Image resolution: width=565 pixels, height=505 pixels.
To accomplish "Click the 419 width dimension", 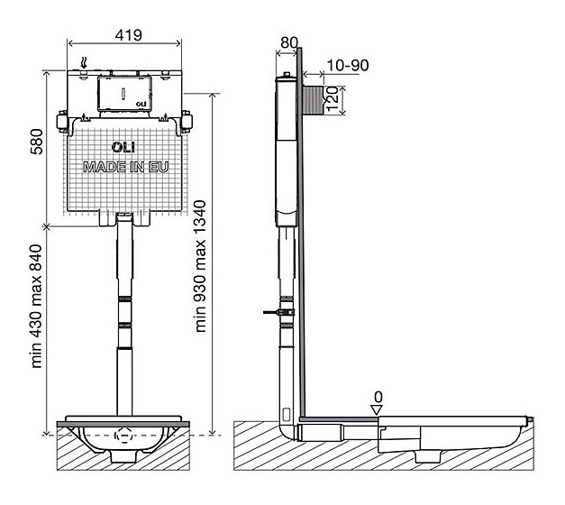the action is [129, 35].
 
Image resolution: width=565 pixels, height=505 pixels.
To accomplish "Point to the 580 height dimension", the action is [36, 142].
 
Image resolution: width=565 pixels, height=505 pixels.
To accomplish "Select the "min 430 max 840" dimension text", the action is [36, 307].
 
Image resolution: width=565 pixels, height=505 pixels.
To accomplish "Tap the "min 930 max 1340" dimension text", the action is [200, 266].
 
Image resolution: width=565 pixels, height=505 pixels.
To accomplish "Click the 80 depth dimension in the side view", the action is [289, 42].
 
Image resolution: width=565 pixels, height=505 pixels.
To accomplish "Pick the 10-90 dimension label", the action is [348, 65].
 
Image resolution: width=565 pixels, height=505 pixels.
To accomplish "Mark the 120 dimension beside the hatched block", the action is [333, 99].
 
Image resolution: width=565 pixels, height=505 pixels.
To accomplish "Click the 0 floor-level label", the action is [378, 397].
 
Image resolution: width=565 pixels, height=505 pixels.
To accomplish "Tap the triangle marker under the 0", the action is [377, 410].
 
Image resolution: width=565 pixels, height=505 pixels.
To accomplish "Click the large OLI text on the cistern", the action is [123, 147].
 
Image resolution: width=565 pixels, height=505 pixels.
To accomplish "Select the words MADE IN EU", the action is [126, 167].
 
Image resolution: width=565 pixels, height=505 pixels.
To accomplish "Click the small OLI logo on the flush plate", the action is [141, 104].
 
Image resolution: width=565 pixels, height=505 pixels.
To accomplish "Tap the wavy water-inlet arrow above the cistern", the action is [84, 63].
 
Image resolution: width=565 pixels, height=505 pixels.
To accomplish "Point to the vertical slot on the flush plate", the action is [123, 94].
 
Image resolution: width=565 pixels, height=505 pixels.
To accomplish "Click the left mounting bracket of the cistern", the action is [62, 122].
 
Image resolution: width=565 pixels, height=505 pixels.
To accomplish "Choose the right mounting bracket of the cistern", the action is [187, 122].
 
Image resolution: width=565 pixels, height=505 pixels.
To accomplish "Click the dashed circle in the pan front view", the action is [124, 436].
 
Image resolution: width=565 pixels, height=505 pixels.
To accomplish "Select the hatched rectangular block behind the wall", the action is [313, 100].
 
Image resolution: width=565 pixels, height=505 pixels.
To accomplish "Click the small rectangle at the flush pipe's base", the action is [287, 415].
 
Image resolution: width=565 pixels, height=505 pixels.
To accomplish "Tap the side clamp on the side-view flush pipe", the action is [279, 312].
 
